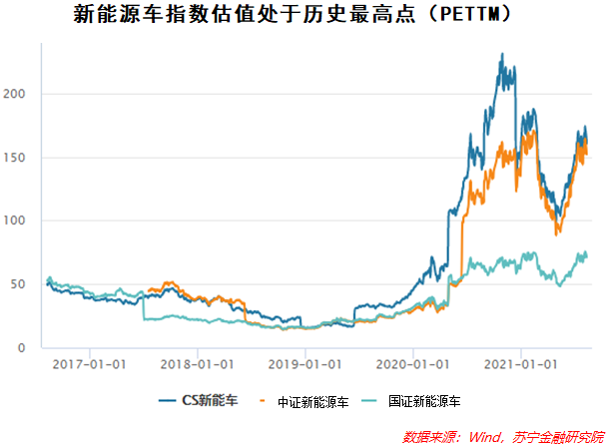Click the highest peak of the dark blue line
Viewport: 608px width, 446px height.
pos(501,54)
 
